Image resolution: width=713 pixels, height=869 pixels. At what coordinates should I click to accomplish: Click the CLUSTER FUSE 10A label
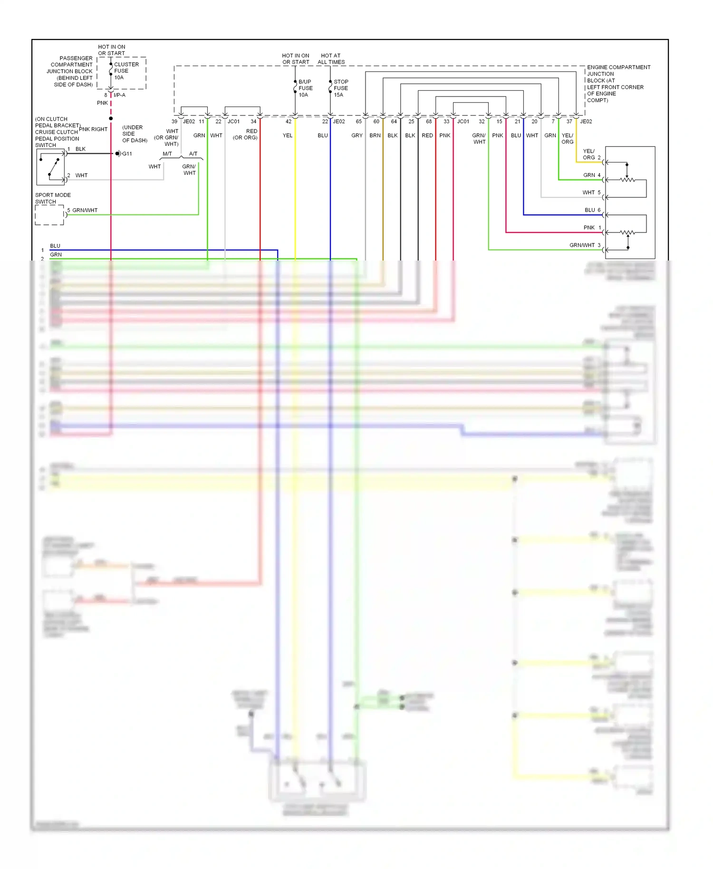[x=125, y=71]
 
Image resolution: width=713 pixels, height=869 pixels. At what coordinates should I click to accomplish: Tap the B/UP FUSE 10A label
[x=305, y=88]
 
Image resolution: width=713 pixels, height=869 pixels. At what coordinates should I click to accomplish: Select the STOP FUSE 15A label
[x=340, y=88]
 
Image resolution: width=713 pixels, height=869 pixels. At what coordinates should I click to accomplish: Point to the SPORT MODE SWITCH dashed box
[x=49, y=215]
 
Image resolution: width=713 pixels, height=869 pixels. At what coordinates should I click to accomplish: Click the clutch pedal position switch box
[x=51, y=167]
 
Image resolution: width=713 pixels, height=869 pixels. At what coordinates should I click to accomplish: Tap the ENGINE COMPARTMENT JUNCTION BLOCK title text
[x=617, y=84]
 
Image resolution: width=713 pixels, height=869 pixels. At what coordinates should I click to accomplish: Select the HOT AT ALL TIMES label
[x=331, y=58]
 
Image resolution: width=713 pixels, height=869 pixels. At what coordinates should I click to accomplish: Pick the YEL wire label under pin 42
[x=288, y=135]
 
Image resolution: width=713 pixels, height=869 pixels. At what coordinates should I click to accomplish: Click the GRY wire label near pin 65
[x=357, y=135]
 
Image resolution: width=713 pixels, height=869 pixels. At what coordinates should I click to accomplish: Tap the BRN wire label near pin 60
[x=375, y=135]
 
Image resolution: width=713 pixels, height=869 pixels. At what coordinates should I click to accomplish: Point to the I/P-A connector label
[x=119, y=95]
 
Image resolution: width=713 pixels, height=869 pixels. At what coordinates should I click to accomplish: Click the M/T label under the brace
[x=167, y=154]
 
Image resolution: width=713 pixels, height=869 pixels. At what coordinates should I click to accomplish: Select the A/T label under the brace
[x=193, y=154]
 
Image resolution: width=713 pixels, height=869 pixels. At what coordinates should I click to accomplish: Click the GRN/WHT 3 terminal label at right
[x=585, y=245]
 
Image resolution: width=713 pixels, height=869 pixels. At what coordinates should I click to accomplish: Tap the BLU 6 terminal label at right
[x=592, y=210]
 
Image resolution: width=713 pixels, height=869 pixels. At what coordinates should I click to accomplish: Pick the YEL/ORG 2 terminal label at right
[x=591, y=154]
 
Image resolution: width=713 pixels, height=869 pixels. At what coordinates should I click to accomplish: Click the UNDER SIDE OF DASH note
[x=135, y=134]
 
